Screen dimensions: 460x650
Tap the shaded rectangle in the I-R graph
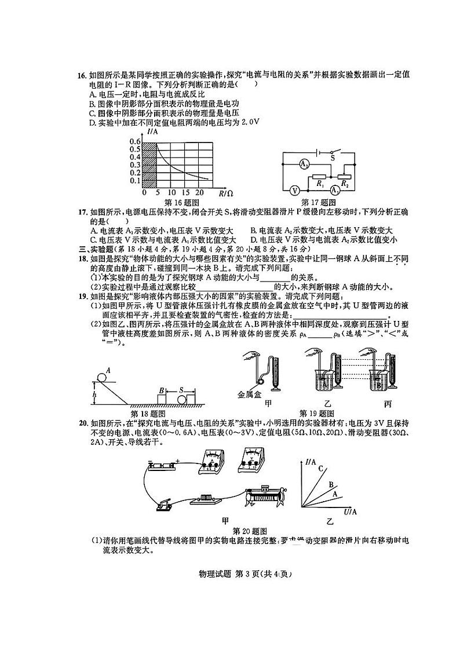pos(149,162)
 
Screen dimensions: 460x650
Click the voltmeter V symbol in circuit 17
pos(294,189)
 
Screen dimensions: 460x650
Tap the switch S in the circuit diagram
pos(333,152)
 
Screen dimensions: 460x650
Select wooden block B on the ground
pos(162,399)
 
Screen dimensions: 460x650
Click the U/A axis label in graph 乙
pos(351,512)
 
